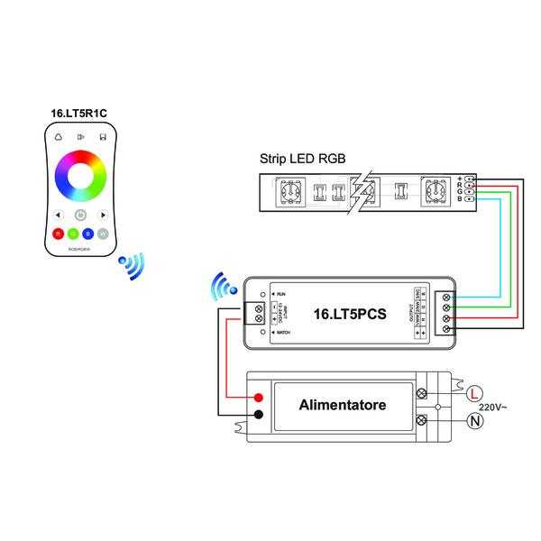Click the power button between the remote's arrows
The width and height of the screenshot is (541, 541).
pyautogui.click(x=80, y=215)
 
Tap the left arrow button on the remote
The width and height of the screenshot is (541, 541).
pyautogui.click(x=58, y=215)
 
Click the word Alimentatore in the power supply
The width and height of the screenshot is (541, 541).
pyautogui.click(x=342, y=405)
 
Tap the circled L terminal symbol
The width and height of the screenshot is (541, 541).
pyautogui.click(x=475, y=391)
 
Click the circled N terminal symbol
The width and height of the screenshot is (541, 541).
pyautogui.click(x=475, y=420)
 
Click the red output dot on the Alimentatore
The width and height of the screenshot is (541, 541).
pyautogui.click(x=260, y=398)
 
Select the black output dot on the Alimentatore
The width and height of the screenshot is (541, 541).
pyautogui.click(x=260, y=415)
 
